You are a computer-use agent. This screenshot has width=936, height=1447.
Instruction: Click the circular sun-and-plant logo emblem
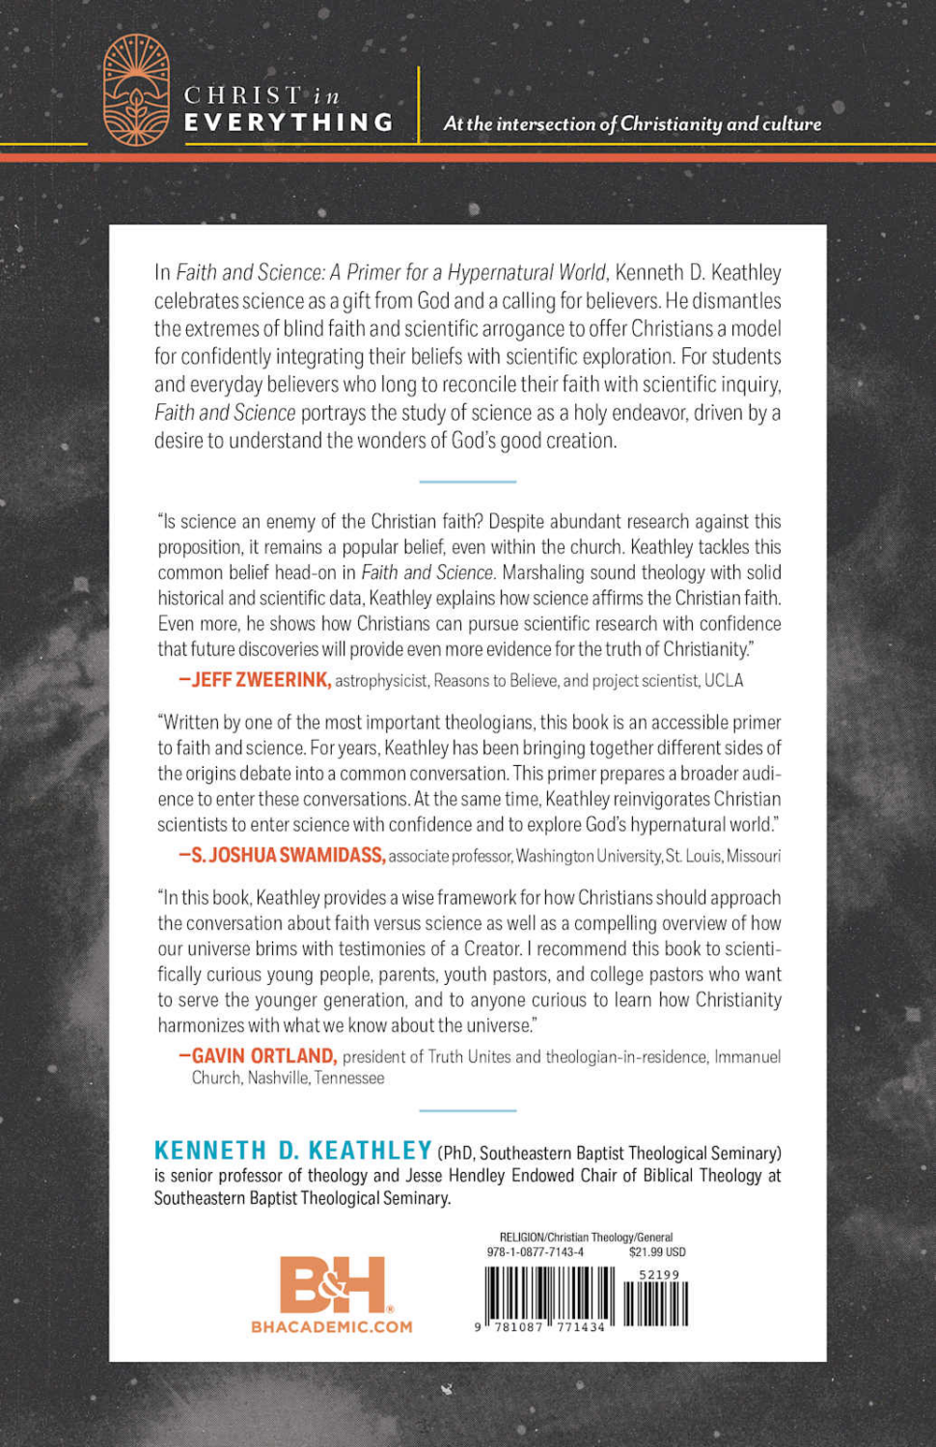136,90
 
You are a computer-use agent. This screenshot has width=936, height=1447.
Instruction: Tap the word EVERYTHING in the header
289,123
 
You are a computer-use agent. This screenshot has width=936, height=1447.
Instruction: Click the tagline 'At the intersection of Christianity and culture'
632,123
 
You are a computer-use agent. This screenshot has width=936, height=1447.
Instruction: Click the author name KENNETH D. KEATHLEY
292,1151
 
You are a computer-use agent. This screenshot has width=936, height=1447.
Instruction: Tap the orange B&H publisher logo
333,1284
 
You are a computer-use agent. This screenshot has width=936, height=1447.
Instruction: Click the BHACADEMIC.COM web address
331,1327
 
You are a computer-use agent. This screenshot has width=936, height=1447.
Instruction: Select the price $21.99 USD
657,1252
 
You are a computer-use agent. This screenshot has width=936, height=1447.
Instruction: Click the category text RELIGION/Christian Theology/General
586,1237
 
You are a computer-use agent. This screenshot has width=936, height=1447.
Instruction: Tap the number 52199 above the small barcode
659,1274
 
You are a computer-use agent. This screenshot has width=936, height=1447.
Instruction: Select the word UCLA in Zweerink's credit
724,681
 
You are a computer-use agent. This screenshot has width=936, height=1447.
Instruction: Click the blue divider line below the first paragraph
468,480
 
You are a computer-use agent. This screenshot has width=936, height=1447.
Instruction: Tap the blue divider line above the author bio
468,1110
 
